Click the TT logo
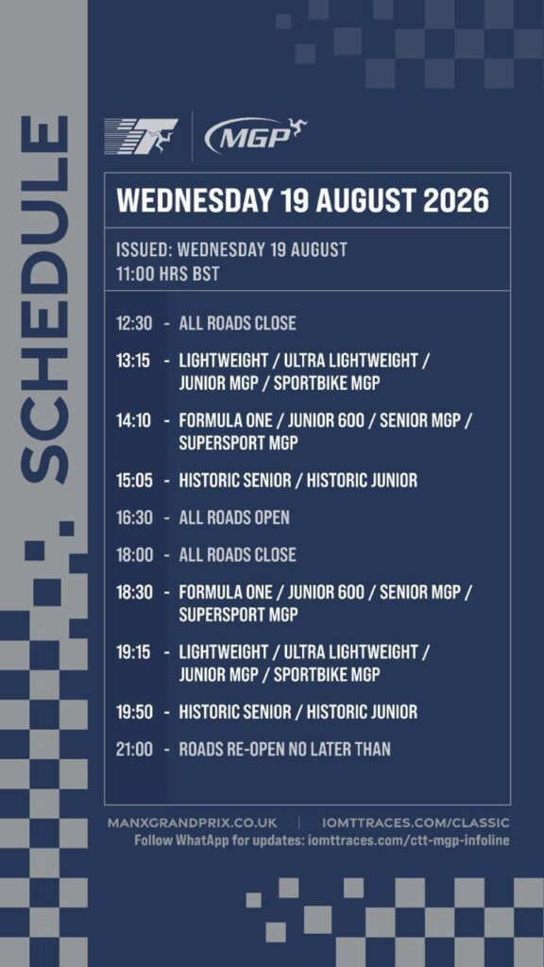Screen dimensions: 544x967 141,136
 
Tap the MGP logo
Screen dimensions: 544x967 255,135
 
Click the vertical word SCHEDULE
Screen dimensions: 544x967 43,298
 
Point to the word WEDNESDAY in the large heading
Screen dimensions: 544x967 195,200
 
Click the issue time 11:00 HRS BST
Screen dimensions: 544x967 168,274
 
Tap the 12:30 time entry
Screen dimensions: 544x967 134,323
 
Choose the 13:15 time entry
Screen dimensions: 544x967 133,360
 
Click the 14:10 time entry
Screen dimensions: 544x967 133,420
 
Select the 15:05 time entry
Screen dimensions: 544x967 134,480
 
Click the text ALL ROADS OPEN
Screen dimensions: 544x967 234,517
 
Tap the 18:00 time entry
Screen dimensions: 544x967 134,554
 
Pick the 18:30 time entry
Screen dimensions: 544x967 134,592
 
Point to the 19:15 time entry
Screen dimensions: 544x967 133,652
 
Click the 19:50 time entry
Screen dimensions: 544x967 134,712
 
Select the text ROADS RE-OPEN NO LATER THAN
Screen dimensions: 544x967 284,749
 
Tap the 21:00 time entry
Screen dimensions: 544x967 134,749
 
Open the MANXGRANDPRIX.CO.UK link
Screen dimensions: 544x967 193,823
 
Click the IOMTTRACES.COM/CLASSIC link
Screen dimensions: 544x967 416,823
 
